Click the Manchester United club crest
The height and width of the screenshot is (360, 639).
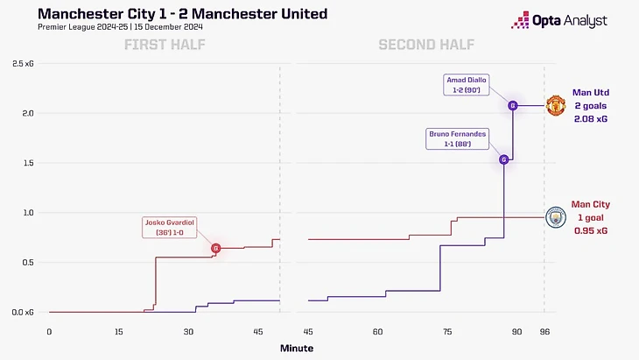point(556,106)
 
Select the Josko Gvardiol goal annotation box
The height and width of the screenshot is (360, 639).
point(169,229)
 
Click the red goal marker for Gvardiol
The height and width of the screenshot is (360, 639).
point(215,249)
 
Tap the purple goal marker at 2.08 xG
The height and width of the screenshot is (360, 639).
point(513,106)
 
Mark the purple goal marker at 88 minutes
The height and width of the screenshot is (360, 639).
point(504,159)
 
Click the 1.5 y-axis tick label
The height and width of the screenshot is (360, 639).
point(30,163)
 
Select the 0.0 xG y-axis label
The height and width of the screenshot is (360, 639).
point(25,312)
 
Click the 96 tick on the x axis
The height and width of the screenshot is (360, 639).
point(544,332)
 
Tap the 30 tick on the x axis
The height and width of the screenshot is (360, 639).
point(188,332)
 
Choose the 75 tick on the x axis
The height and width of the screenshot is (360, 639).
point(447,332)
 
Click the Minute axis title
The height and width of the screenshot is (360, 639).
point(296,349)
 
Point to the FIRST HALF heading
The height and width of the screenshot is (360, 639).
point(164,45)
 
